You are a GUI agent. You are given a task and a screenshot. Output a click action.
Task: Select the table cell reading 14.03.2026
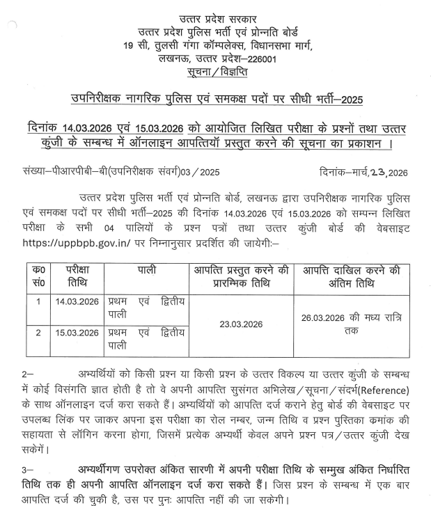pos(78,302)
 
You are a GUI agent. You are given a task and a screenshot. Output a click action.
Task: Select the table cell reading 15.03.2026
pos(78,333)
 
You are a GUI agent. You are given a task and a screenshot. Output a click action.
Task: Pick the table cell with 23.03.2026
pos(240,324)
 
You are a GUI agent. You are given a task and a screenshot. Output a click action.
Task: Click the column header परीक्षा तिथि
pos(78,277)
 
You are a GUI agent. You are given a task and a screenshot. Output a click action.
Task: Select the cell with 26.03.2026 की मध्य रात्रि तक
pos(351,324)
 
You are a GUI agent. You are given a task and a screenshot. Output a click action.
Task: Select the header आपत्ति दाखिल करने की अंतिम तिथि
pos(351,277)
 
